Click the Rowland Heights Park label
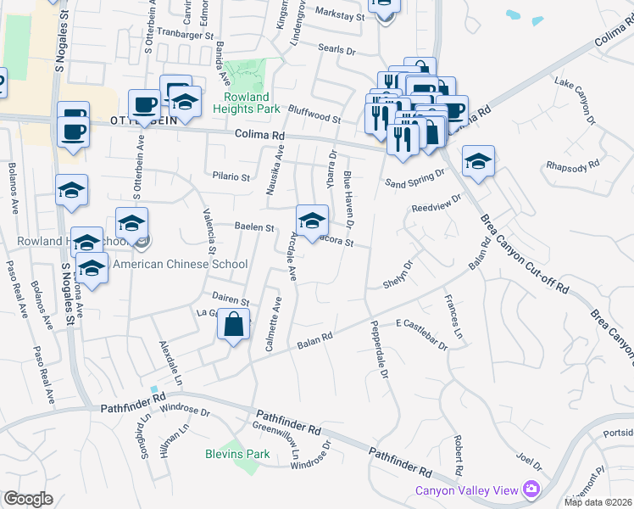[252, 103]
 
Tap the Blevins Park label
[237, 454]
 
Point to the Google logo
[28, 499]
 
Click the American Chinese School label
[180, 264]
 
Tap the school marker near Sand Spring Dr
[478, 163]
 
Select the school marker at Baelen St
[312, 222]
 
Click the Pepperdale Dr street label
[378, 349]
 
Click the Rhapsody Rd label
[573, 165]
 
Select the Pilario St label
[232, 177]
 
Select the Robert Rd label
[457, 454]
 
